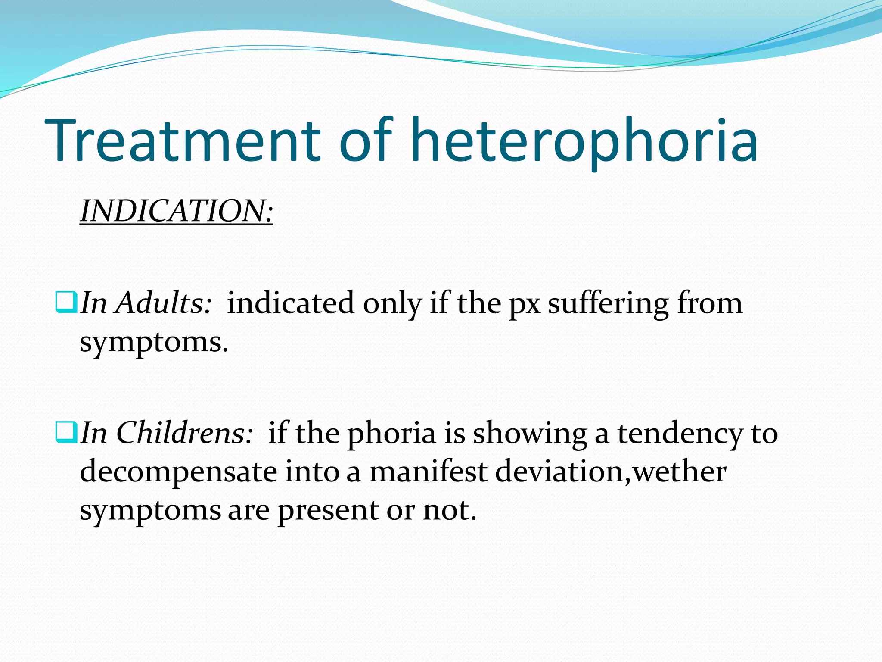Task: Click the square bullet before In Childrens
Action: coord(66,432)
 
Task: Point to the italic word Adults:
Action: coord(164,303)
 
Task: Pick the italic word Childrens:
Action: coord(184,433)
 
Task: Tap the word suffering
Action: coord(608,304)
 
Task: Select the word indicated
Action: coord(290,303)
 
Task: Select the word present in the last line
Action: coord(328,511)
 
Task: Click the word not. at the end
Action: coord(450,510)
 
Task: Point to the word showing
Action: coord(530,434)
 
